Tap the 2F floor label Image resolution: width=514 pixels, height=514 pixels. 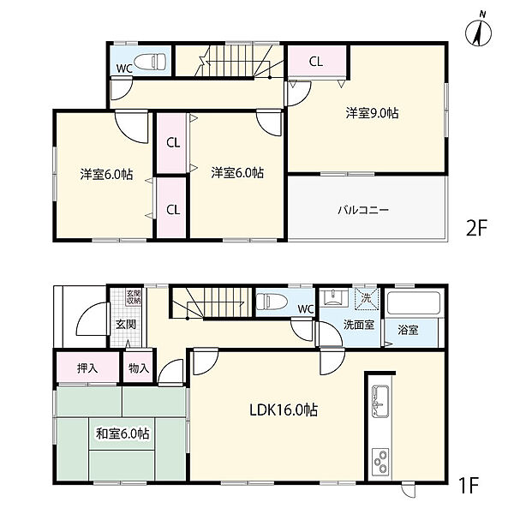coord(476,228)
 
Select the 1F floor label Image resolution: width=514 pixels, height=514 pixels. coord(469,486)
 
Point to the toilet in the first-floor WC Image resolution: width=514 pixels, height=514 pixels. coord(272,301)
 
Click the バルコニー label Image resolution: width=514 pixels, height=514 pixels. coord(363,209)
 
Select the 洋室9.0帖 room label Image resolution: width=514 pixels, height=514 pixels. coord(372,113)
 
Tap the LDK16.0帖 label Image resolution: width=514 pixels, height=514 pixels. coord(284,409)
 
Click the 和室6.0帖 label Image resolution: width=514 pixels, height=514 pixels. coord(123,433)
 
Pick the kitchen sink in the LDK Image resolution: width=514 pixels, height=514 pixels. coord(380,401)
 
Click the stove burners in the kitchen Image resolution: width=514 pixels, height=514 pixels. coord(380,461)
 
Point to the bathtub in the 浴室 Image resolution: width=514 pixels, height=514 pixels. coord(414,303)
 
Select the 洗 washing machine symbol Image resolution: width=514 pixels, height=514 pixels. coord(366,298)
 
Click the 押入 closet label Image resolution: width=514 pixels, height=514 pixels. coord(87,368)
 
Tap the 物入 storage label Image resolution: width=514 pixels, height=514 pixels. coord(139,368)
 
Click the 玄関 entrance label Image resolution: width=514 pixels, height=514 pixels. coord(126,324)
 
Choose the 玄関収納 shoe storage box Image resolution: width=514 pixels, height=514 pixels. coord(134,296)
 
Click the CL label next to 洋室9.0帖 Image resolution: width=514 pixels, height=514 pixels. coord(316,62)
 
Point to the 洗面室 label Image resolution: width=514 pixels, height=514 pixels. coord(359,325)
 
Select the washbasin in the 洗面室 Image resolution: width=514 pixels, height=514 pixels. coord(334,297)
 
